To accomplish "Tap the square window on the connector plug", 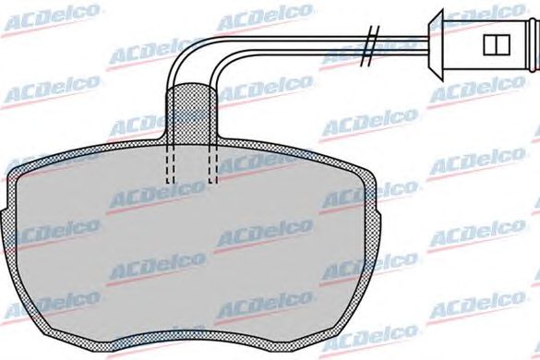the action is pyautogui.click(x=497, y=44).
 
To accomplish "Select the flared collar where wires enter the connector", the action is pyautogui.click(x=436, y=44).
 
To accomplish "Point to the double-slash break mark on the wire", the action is pyautogui.click(x=370, y=46).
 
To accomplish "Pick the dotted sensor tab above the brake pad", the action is pyautogui.click(x=191, y=114).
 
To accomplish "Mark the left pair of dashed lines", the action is pyautogui.click(x=170, y=163).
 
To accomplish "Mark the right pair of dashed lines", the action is pyautogui.click(x=213, y=163).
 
